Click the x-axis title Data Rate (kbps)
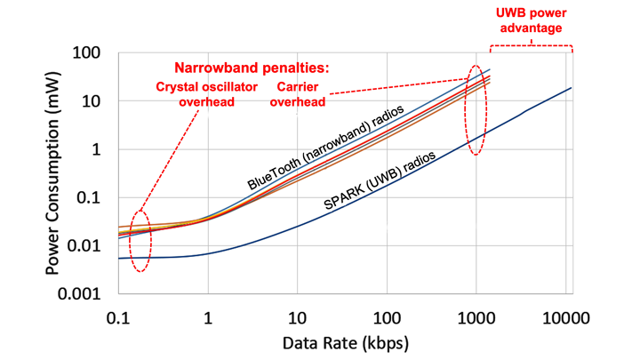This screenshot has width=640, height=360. [341, 341]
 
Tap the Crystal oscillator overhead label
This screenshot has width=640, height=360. [206, 94]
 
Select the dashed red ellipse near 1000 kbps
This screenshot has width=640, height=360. [477, 110]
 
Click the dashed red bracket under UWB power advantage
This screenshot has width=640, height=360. [530, 45]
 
